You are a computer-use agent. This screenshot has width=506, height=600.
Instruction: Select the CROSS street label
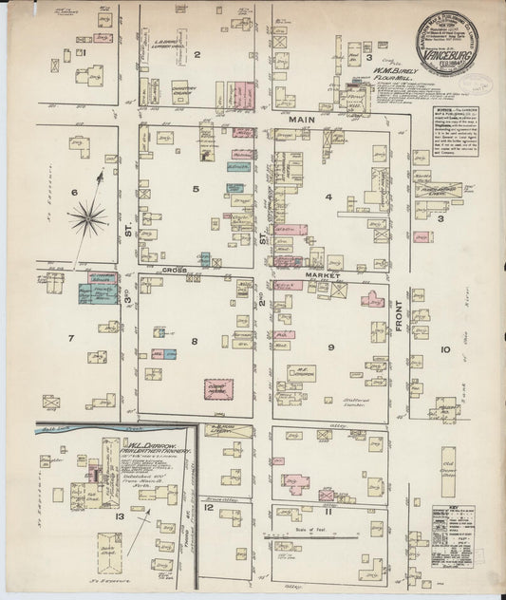(x=174, y=270)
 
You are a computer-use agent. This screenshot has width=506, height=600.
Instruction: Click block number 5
(x=196, y=189)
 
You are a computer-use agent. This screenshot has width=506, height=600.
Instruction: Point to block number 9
(x=331, y=347)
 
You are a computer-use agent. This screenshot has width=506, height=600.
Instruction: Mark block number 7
(x=69, y=338)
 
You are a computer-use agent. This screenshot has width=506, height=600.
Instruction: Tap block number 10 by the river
(x=446, y=349)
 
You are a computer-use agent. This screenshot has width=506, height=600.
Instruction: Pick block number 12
(x=208, y=508)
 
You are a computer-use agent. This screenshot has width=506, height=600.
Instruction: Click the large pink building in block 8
(x=220, y=388)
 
